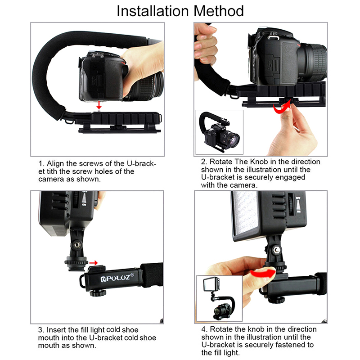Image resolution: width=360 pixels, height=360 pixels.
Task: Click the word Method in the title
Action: pyautogui.click(x=218, y=11)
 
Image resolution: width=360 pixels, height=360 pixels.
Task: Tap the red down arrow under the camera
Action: pyautogui.click(x=99, y=105)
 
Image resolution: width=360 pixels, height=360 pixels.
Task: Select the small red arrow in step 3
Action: pyautogui.click(x=94, y=263)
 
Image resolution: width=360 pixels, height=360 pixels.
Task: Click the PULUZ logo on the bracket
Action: pyautogui.click(x=117, y=278)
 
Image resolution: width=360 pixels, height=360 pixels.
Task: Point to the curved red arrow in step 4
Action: pyautogui.click(x=263, y=273)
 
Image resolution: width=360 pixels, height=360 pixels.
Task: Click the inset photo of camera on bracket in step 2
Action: pyautogui.click(x=219, y=132)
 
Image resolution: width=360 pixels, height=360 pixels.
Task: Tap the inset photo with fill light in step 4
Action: pyautogui.click(x=220, y=298)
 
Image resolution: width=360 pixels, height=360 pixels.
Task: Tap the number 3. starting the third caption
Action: pyautogui.click(x=41, y=330)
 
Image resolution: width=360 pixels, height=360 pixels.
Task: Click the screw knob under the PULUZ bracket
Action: pyautogui.click(x=98, y=293)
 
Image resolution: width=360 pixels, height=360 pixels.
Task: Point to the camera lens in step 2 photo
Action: pyautogui.click(x=313, y=62)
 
